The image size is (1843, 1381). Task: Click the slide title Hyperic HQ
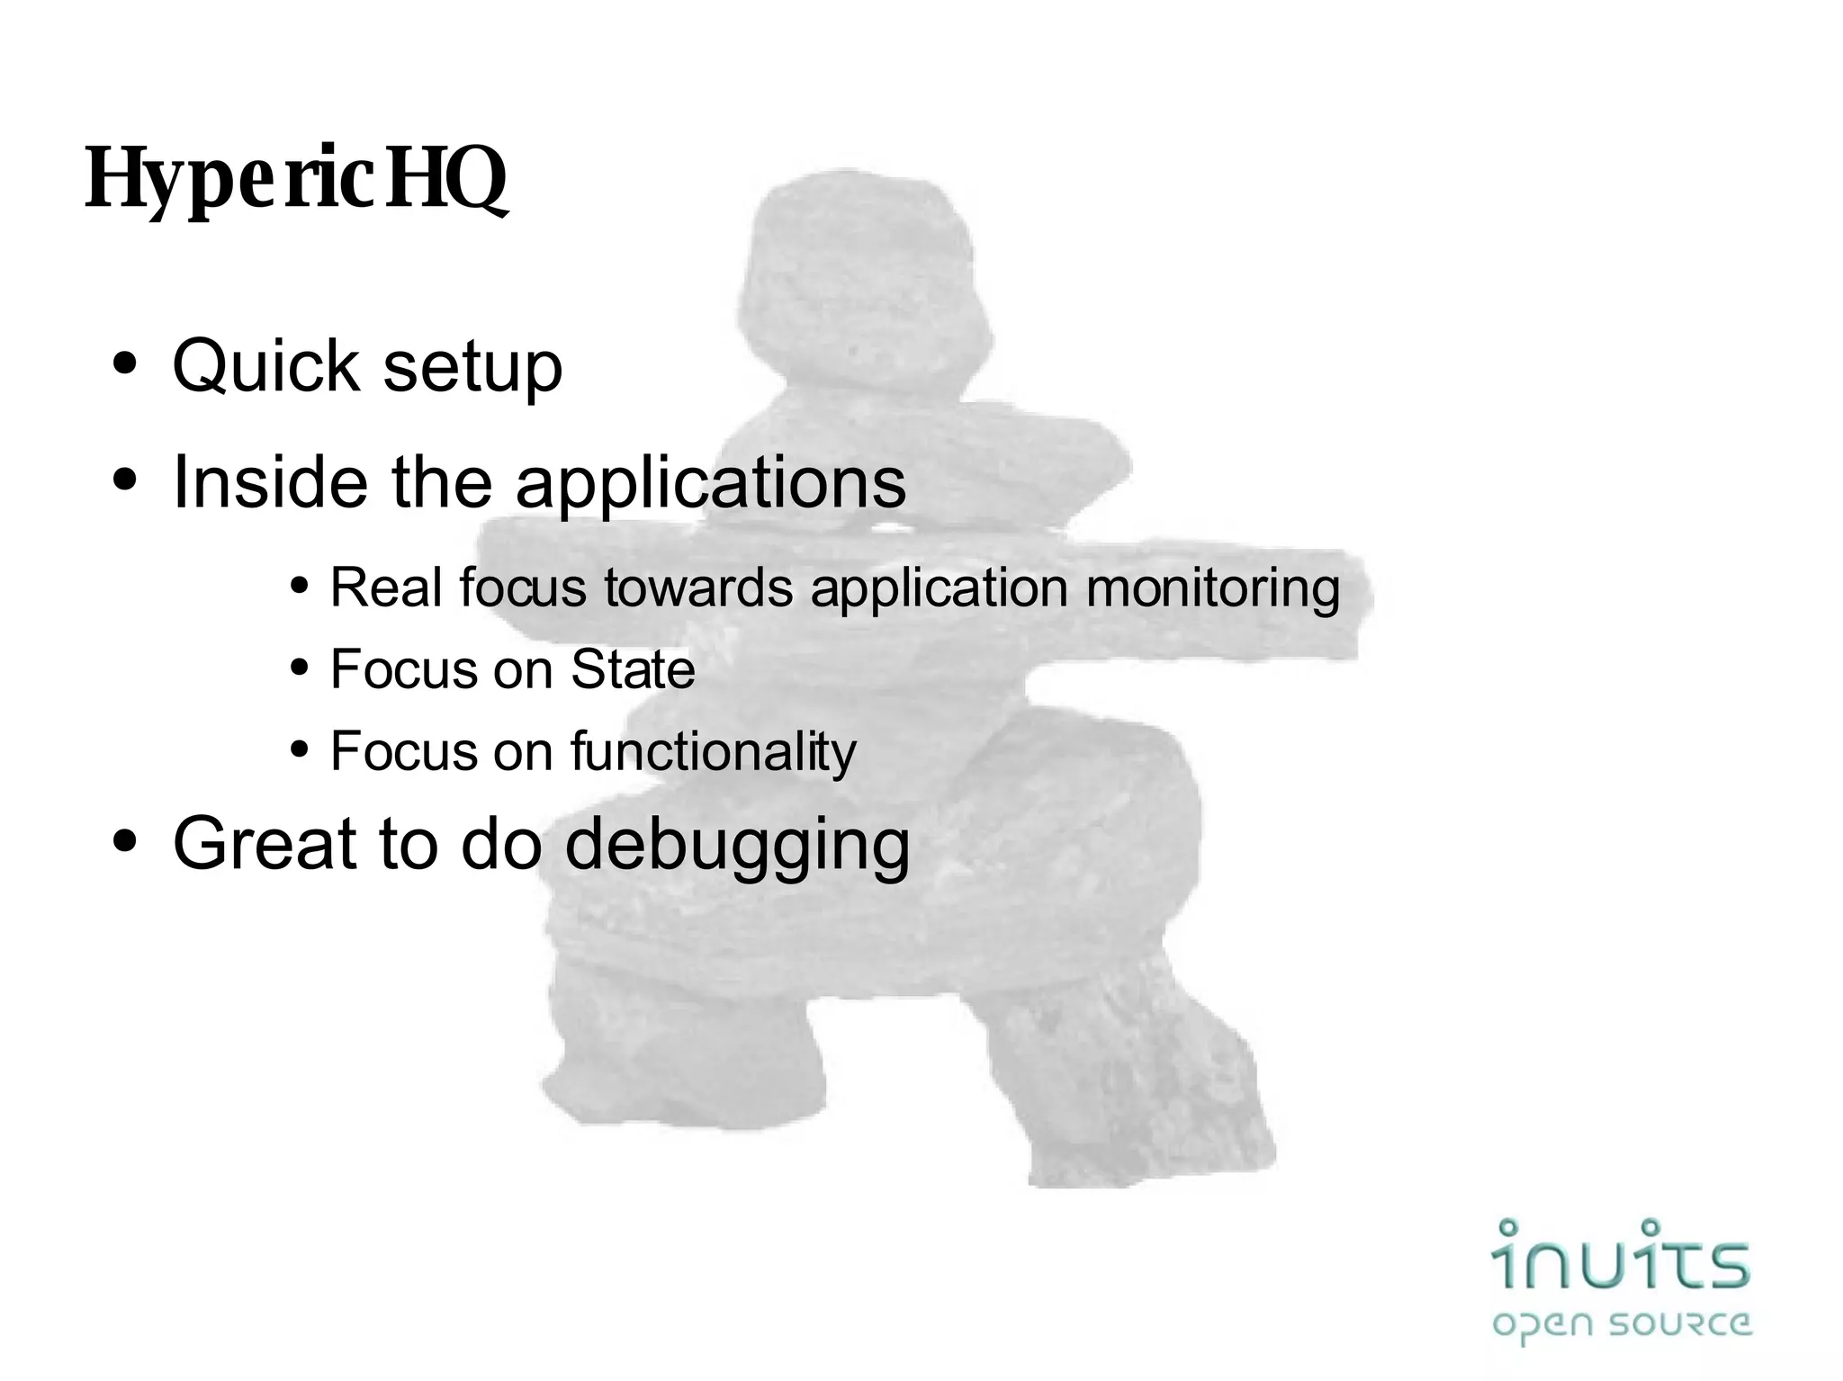296,179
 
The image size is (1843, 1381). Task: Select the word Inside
269,482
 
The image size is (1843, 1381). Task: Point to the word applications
710,484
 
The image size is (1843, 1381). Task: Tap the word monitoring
1212,589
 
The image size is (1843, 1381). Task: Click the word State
633,669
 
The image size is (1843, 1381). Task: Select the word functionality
713,752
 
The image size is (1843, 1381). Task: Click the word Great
265,843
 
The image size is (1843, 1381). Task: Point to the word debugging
737,846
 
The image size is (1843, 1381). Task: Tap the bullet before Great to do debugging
126,842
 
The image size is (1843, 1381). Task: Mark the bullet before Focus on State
300,668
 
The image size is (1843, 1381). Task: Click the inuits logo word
1620,1256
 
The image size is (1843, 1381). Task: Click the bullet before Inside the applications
126,481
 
